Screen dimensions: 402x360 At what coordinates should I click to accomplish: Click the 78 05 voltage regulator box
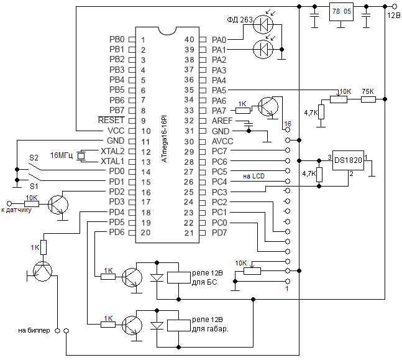click(x=341, y=12)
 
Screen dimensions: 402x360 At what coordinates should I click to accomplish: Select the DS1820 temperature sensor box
click(x=348, y=160)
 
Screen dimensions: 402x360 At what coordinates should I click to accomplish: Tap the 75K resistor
click(x=368, y=99)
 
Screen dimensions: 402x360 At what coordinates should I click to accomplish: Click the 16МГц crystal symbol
click(x=81, y=156)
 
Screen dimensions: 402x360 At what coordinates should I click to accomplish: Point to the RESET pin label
click(x=111, y=120)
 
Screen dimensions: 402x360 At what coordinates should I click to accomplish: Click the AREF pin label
click(x=222, y=121)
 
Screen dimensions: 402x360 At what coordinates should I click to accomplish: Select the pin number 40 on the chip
click(x=190, y=40)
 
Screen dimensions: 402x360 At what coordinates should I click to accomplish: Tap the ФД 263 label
click(x=240, y=20)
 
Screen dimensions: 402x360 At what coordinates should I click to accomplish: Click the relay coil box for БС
click(x=179, y=278)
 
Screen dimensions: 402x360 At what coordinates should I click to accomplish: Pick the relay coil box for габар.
click(x=179, y=325)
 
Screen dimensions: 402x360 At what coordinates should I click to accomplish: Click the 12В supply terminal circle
click(x=395, y=6)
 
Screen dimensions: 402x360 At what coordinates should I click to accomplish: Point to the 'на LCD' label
click(x=254, y=176)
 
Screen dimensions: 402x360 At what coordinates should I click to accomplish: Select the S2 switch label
click(x=34, y=157)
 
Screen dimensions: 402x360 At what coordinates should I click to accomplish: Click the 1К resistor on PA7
click(x=243, y=111)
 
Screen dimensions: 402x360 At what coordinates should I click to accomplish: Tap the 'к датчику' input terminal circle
click(x=9, y=204)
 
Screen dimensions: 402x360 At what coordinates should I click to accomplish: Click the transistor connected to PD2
click(x=58, y=205)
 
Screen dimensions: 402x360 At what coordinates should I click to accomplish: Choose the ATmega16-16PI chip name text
click(x=164, y=139)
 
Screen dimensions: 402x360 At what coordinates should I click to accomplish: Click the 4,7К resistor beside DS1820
click(x=319, y=175)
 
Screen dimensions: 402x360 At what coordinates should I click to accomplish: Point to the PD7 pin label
click(x=219, y=233)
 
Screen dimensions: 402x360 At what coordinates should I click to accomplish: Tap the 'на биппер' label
click(x=34, y=331)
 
